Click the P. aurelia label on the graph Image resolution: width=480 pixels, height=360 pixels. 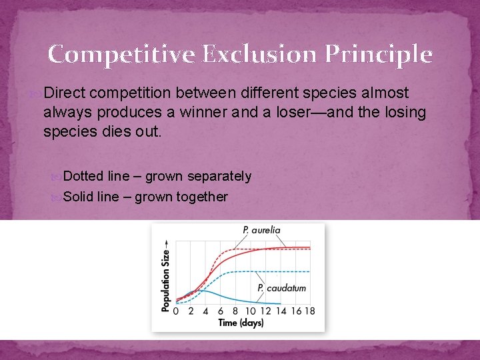[261, 229]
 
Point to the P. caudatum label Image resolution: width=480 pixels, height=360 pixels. [281, 288]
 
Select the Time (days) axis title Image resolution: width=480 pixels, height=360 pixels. [241, 323]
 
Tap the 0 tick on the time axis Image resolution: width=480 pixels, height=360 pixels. [176, 311]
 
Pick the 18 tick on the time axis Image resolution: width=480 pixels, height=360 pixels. [309, 311]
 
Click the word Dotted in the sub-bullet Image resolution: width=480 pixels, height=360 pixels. [83, 176]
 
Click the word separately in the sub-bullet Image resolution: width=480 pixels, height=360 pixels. [219, 176]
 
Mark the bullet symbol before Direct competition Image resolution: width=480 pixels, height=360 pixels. [35, 93]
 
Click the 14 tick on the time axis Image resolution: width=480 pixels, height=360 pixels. [280, 311]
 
